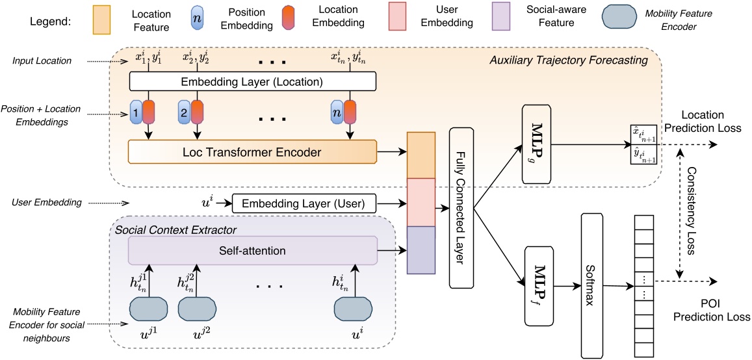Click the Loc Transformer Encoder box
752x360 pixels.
click(253, 152)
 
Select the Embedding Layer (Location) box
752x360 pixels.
click(253, 81)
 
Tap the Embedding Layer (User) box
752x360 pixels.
click(305, 203)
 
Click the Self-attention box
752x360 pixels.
click(253, 250)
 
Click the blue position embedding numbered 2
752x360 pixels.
click(184, 112)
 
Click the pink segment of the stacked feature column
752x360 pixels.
click(420, 201)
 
